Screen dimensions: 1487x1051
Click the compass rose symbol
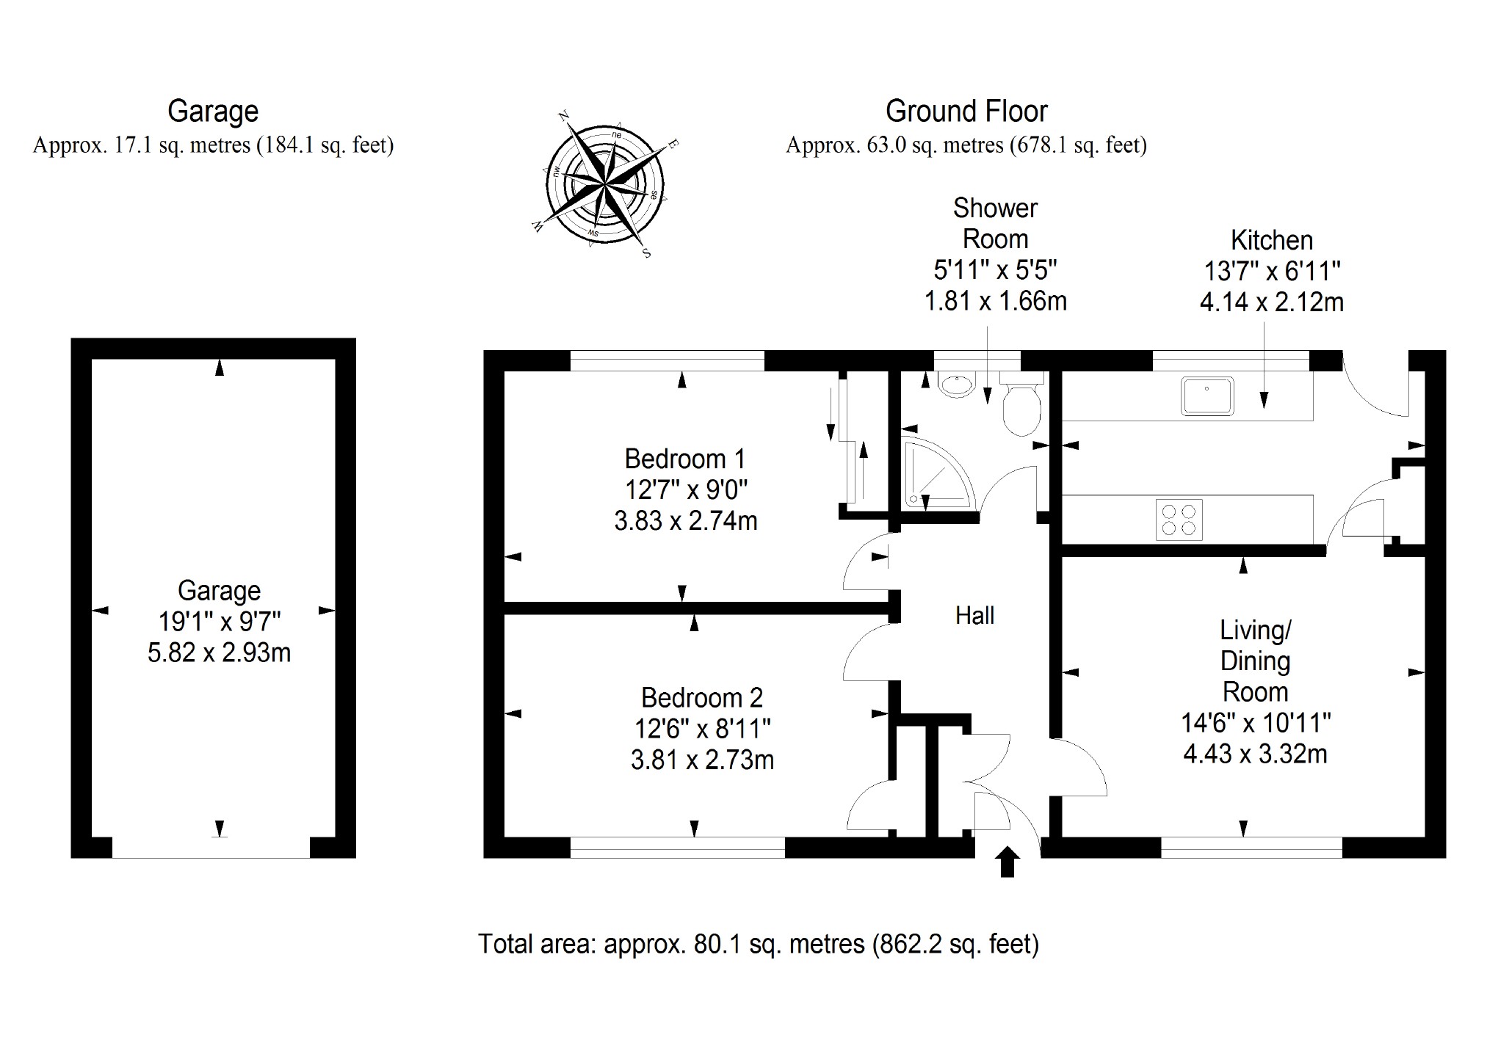pyautogui.click(x=605, y=183)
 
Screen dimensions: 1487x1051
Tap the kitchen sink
pyautogui.click(x=1206, y=396)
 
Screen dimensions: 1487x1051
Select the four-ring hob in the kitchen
pyautogui.click(x=1179, y=519)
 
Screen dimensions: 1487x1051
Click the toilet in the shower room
pyautogui.click(x=1021, y=407)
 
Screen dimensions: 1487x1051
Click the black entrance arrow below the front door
pyautogui.click(x=1008, y=862)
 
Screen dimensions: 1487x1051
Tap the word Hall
pyautogui.click(x=974, y=615)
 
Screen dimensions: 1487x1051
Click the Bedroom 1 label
pyautogui.click(x=684, y=459)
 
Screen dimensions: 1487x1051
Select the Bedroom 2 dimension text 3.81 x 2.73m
pyautogui.click(x=702, y=760)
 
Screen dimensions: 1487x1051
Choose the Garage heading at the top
pyautogui.click(x=213, y=112)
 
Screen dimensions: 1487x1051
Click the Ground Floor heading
pyautogui.click(x=966, y=112)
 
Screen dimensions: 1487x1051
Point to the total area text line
pyautogui.click(x=758, y=943)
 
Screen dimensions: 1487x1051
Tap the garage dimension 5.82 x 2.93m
pyautogui.click(x=219, y=652)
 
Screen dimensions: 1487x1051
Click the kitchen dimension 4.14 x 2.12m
pyautogui.click(x=1271, y=302)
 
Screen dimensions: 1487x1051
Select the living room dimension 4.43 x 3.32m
pyautogui.click(x=1255, y=754)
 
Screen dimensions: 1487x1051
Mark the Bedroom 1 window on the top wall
pyautogui.click(x=667, y=360)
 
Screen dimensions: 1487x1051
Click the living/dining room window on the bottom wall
pyautogui.click(x=1251, y=848)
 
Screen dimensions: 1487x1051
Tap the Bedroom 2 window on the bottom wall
pyautogui.click(x=677, y=848)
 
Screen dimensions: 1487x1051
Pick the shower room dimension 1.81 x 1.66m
pyautogui.click(x=995, y=301)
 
